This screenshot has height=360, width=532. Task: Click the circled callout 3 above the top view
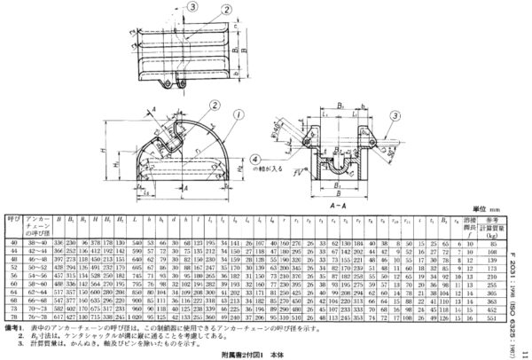point(191,8)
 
